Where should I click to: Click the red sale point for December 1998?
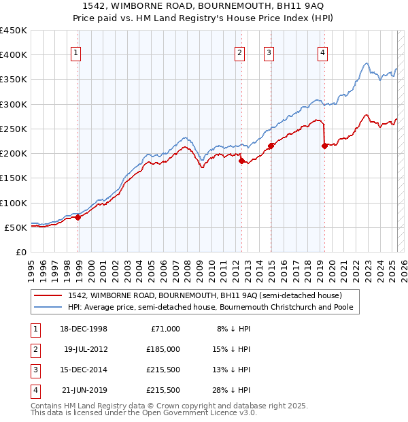pyautogui.click(x=78, y=217)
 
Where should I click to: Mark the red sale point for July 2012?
pyautogui.click(x=241, y=161)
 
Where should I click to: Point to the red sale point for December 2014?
pyautogui.click(x=271, y=146)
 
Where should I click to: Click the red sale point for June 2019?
pyautogui.click(x=324, y=146)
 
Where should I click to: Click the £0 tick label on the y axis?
pyautogui.click(x=22, y=252)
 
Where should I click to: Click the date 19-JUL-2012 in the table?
pyautogui.click(x=86, y=349)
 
